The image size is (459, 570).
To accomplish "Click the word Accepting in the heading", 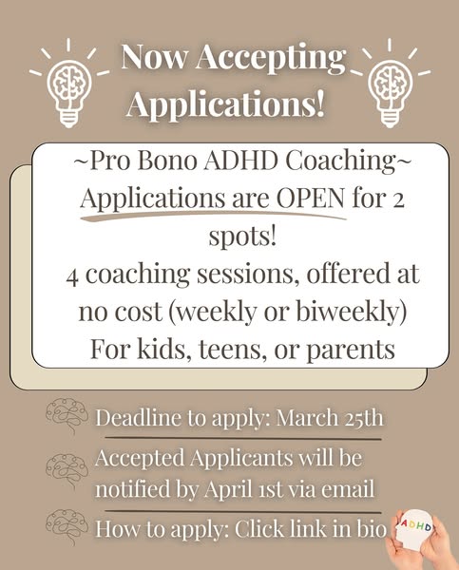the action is (x=271, y=58).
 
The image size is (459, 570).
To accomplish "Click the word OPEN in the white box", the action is (x=310, y=199).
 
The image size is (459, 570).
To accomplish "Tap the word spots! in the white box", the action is (x=242, y=237).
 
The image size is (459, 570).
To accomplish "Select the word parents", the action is (x=351, y=350).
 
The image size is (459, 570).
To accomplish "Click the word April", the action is (x=228, y=490).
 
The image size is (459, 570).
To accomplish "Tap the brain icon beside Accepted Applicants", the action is (x=67, y=469).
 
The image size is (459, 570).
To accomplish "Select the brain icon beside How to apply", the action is (x=67, y=525).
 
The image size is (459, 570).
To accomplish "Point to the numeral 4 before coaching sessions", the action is (x=72, y=277).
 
